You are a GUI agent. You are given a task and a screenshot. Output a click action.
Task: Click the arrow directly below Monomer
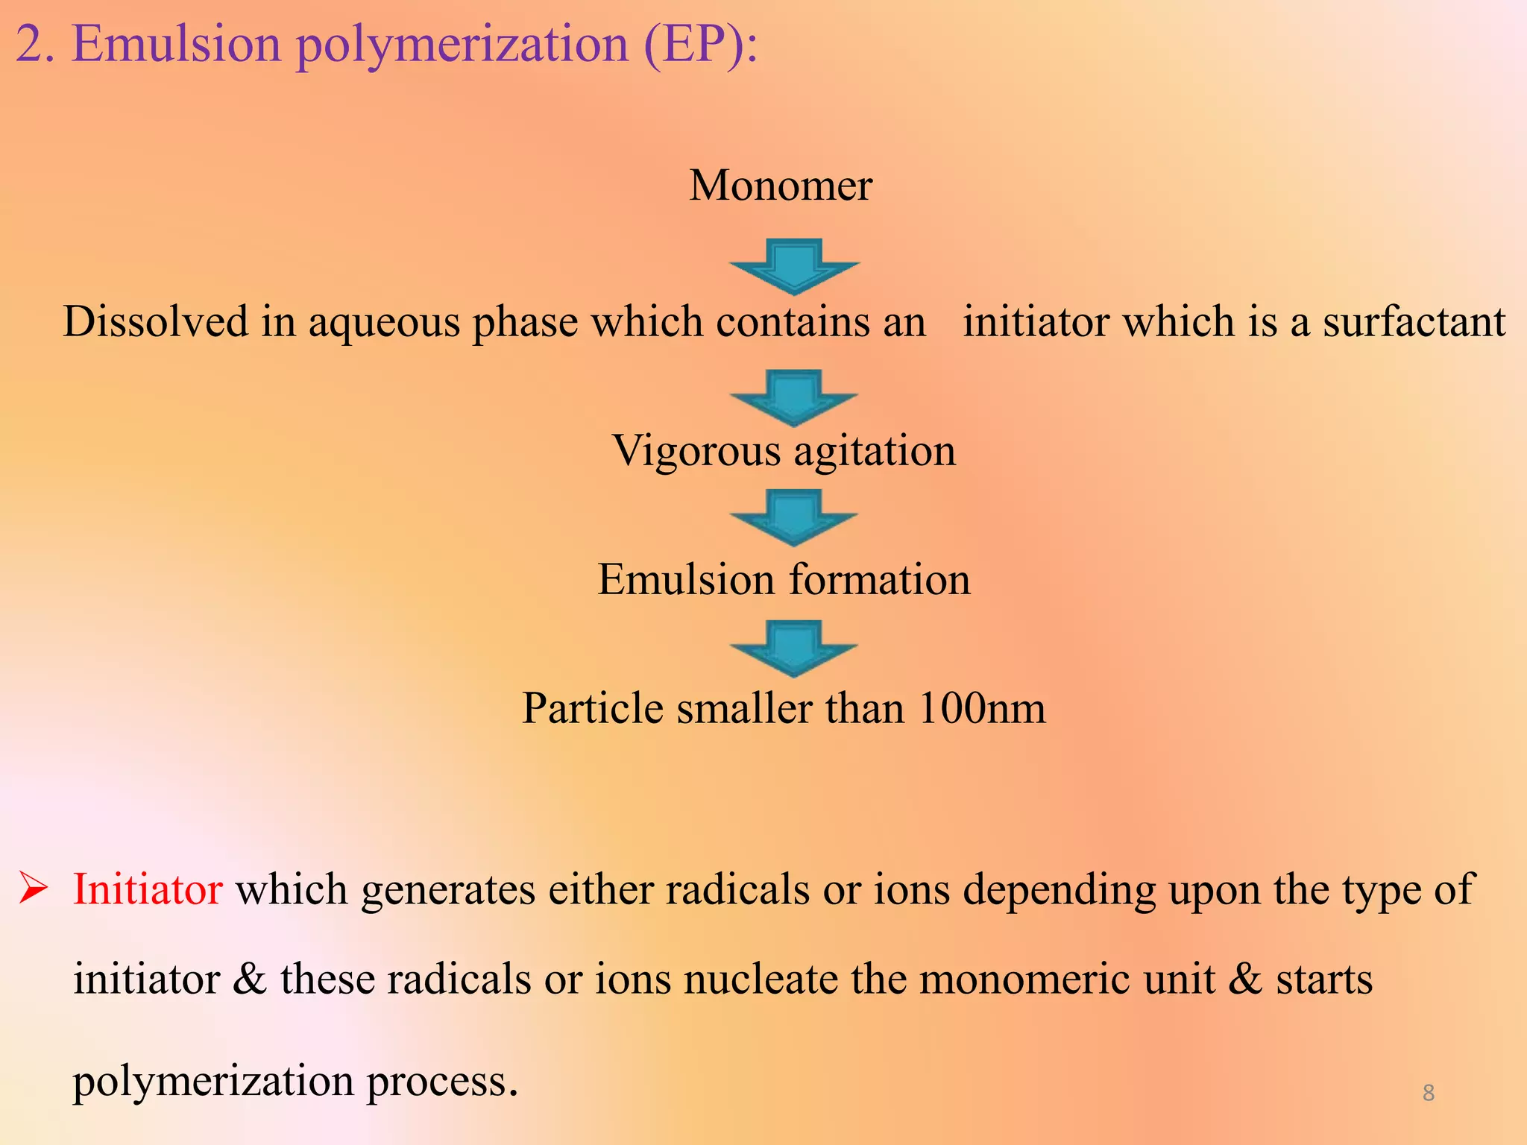795,267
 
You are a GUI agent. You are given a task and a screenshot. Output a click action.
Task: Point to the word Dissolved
155,321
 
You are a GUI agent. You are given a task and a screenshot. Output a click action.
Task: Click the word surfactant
1414,321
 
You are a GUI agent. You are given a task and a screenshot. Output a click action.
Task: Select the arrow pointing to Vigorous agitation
794,398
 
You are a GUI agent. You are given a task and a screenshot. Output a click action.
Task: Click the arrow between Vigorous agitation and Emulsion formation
794,517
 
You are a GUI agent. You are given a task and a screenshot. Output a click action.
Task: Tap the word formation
880,579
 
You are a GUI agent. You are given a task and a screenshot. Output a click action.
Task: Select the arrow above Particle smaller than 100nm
794,649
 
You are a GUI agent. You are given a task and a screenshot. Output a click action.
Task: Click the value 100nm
982,708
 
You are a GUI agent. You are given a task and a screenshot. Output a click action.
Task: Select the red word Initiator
148,889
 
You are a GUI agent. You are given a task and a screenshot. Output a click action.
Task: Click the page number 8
1429,1093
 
